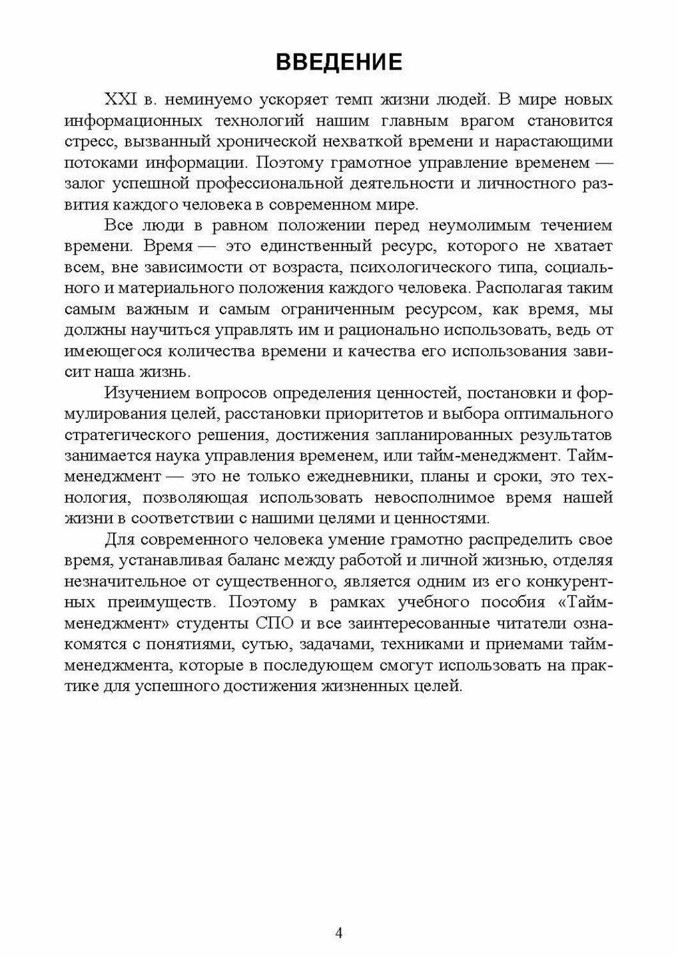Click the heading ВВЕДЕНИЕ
[339, 62]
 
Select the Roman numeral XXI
[121, 100]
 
